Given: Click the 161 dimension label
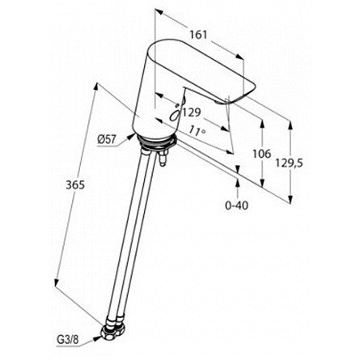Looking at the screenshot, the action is coord(198,35).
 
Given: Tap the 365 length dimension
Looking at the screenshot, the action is coord(75,185).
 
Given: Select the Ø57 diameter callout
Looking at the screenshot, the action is coord(107,139).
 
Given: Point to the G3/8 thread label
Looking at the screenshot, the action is coord(67,340).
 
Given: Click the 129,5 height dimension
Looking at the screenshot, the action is coord(290,163).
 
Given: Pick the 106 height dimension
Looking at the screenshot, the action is coord(261,154).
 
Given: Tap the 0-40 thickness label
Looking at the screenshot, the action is coord(236,205).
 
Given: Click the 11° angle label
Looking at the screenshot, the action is coord(197,131).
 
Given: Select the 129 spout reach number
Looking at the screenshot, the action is coord(192,112).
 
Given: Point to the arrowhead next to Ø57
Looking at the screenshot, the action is coord(131,136).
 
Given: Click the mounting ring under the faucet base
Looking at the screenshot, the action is coord(156,142).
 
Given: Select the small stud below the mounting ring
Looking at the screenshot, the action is coord(163,159).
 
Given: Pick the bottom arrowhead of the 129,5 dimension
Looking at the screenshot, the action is coord(290,199).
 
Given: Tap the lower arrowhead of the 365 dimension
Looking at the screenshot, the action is coord(56,282).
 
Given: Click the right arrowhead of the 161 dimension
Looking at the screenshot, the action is coord(240,57).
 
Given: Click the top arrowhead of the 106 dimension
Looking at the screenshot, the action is coord(262,124).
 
